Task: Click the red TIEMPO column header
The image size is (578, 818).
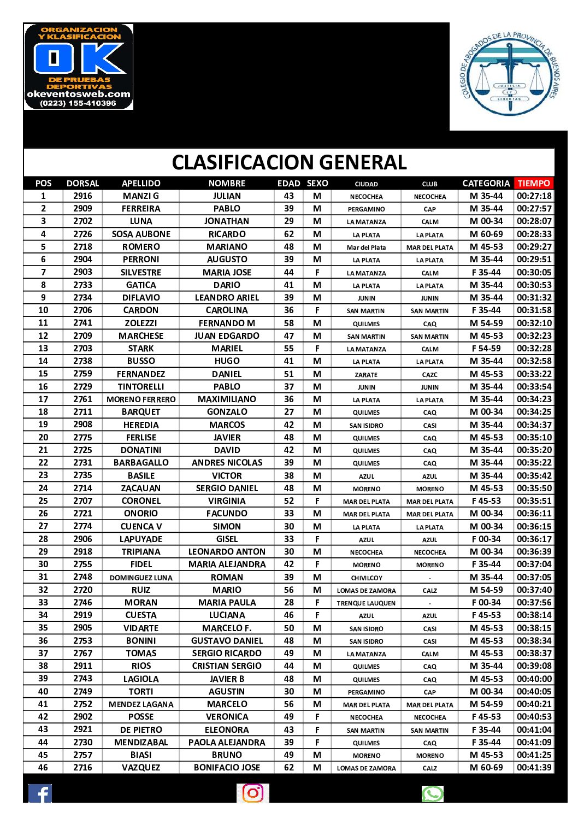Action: (x=534, y=184)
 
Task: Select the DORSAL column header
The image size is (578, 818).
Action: (x=82, y=184)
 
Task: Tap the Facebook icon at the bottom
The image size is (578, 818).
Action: (x=40, y=793)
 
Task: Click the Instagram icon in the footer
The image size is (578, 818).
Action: (x=253, y=793)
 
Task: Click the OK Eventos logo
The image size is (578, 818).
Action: (x=79, y=67)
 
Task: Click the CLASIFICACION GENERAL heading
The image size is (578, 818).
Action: (x=289, y=162)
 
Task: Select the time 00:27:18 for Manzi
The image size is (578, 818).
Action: (x=534, y=196)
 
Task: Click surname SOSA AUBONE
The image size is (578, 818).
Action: (x=141, y=234)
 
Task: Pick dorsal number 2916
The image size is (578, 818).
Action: (x=82, y=196)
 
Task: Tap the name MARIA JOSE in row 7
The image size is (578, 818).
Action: (x=227, y=272)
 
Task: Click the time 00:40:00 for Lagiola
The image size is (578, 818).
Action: (x=534, y=679)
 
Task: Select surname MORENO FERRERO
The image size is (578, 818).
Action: (x=141, y=399)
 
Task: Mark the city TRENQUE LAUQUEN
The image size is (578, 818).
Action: (x=366, y=603)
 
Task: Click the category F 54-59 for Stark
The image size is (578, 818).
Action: (x=486, y=349)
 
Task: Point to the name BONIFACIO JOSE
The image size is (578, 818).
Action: (x=227, y=768)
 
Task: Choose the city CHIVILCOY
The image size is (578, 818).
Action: (x=366, y=578)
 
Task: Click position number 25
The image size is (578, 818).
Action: (x=43, y=501)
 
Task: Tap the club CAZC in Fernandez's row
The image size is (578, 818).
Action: (x=429, y=375)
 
